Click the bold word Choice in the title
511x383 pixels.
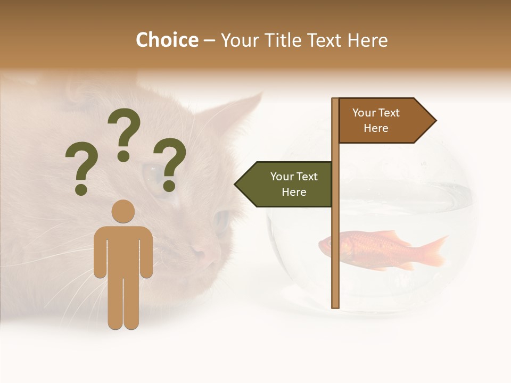tap(167, 40)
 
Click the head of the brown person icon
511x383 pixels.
tap(123, 211)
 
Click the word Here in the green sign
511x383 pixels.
tap(294, 192)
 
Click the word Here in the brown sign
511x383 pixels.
tap(376, 128)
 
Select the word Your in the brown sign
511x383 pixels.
tap(364, 113)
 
